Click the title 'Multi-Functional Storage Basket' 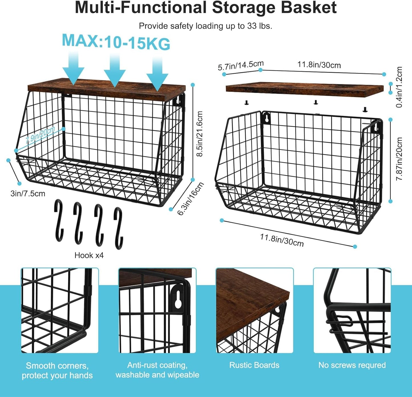(x=206, y=8)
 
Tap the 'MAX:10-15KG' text (x=116, y=42)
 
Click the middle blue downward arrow (x=115, y=70)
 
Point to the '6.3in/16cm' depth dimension (x=191, y=198)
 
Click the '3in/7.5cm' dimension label (x=28, y=194)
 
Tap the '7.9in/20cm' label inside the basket (x=40, y=135)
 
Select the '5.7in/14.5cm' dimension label (x=241, y=66)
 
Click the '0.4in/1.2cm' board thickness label (x=399, y=87)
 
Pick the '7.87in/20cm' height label (x=399, y=159)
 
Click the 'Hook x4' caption (x=89, y=255)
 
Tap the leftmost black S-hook (x=59, y=220)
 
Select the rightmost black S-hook (x=118, y=228)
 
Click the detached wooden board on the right (x=304, y=89)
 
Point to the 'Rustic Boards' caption (x=254, y=365)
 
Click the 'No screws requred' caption (x=352, y=365)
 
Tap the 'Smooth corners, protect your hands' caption (x=57, y=370)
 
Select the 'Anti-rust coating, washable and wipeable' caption (x=157, y=370)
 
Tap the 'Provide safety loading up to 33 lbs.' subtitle (x=205, y=26)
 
